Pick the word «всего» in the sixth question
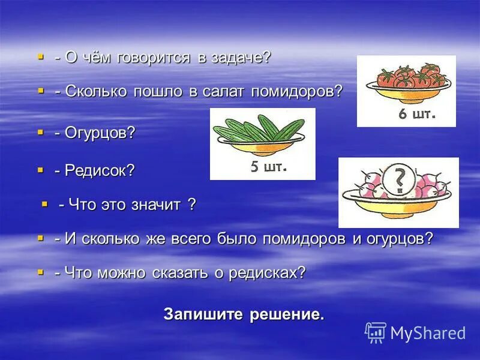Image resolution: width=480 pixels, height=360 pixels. (187, 238)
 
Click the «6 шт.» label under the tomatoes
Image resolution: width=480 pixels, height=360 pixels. (417, 114)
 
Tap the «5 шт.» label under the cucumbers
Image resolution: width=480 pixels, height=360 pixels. (269, 167)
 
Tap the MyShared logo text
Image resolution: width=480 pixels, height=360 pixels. (428, 333)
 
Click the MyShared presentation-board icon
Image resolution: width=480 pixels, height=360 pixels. (376, 332)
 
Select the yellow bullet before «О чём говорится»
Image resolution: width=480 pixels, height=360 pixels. (41, 56)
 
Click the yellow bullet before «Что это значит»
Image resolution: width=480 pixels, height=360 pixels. (44, 204)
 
